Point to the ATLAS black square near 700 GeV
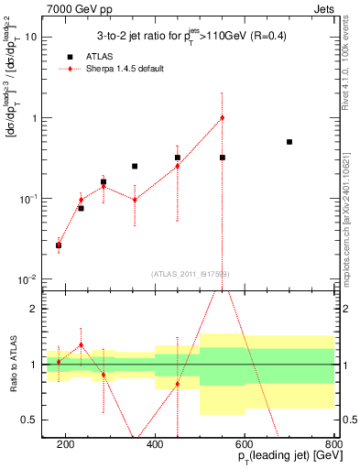(x=289, y=142)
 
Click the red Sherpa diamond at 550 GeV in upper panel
(x=222, y=117)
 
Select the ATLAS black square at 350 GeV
(x=135, y=166)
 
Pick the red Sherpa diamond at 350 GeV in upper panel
(x=135, y=200)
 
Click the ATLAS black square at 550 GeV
(x=222, y=158)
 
